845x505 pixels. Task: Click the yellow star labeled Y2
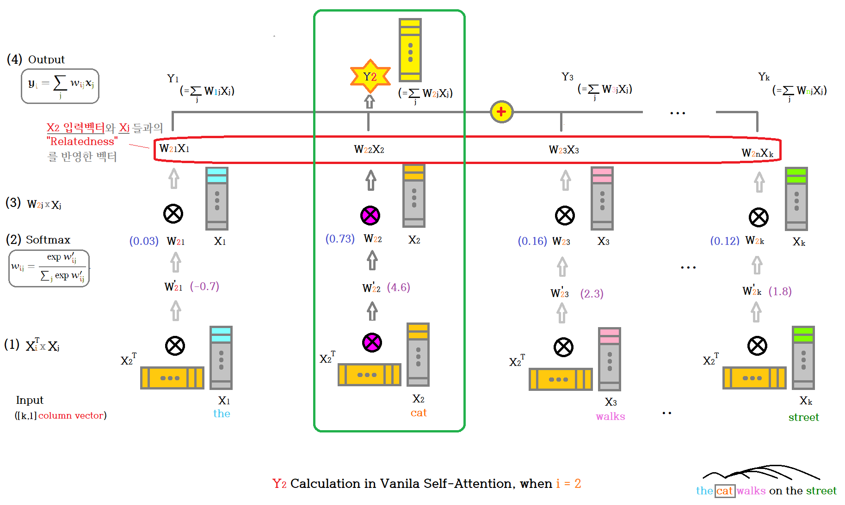(x=370, y=76)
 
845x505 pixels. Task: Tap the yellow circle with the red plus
(x=501, y=111)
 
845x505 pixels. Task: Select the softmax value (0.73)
(x=340, y=238)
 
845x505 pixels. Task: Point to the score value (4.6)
(x=398, y=287)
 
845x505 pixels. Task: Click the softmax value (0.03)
(x=144, y=241)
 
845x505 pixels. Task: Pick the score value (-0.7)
(x=204, y=286)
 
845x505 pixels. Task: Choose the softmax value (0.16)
(x=532, y=241)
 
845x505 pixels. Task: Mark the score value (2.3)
(x=592, y=293)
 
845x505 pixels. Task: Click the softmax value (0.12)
(x=725, y=241)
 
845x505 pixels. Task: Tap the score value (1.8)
(x=780, y=292)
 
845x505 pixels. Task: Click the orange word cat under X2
(x=419, y=413)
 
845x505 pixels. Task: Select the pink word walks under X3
(x=611, y=416)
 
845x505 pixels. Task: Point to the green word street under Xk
(x=804, y=417)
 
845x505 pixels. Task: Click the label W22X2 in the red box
(x=369, y=149)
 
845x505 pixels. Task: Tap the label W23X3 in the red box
(x=564, y=150)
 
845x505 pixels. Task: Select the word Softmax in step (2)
(x=48, y=240)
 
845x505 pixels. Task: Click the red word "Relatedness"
(x=82, y=141)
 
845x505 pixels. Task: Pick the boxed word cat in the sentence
(x=725, y=491)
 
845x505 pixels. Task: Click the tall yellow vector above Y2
(x=410, y=50)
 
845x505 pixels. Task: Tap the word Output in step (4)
(x=46, y=60)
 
